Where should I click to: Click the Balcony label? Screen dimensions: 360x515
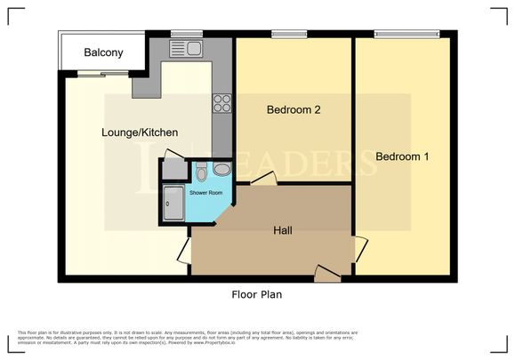pyautogui.click(x=103, y=53)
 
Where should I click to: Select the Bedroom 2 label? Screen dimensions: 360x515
pyautogui.click(x=294, y=110)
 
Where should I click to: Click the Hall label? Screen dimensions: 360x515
pyautogui.click(x=284, y=230)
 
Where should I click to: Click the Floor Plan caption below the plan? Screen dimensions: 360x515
pyautogui.click(x=257, y=293)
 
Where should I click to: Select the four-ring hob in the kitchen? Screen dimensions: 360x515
pyautogui.click(x=222, y=103)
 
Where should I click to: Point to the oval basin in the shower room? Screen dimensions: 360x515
pyautogui.click(x=222, y=169)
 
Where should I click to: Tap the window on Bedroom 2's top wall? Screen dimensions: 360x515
pyautogui.click(x=289, y=35)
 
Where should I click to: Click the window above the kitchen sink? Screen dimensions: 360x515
pyautogui.click(x=187, y=35)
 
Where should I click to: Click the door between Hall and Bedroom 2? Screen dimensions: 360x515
pyautogui.click(x=262, y=180)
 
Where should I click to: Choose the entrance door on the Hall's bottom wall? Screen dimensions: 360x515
pyautogui.click(x=326, y=274)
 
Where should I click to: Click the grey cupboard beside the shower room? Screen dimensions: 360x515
pyautogui.click(x=172, y=169)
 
